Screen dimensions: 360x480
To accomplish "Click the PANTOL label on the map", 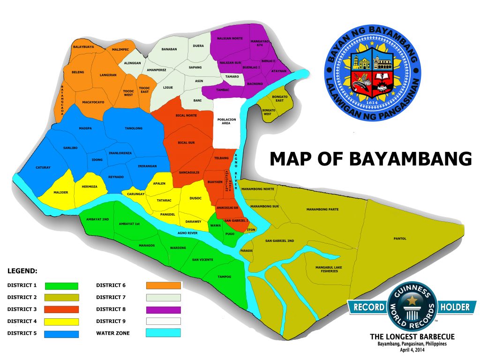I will [x=400, y=239].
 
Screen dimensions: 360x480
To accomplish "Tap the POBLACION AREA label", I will [x=227, y=121].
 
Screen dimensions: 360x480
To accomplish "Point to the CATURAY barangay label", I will [x=43, y=167].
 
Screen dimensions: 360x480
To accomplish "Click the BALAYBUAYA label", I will [x=83, y=47].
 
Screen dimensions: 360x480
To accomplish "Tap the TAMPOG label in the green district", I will [x=225, y=277].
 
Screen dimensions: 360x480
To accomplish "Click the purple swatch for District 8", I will [x=163, y=310].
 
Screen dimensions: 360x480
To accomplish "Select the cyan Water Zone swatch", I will [x=163, y=333].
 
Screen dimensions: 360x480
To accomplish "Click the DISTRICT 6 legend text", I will [x=111, y=285].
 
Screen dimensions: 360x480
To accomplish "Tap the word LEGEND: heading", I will [x=22, y=271].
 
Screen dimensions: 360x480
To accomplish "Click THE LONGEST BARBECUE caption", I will [x=412, y=337].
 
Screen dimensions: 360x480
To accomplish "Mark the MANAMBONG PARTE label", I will [x=322, y=209].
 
